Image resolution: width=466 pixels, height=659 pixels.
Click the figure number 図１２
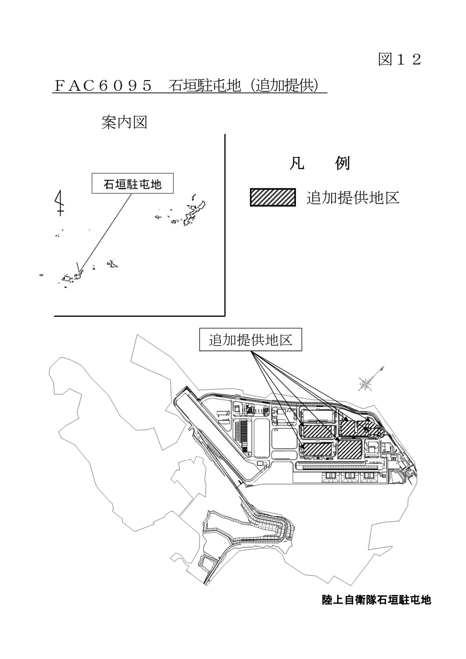click(x=399, y=60)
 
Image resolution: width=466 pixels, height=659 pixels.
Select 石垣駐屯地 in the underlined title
click(x=204, y=85)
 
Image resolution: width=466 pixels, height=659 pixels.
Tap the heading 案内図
click(x=124, y=123)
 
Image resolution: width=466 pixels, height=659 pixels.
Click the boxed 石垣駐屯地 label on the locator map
click(x=132, y=184)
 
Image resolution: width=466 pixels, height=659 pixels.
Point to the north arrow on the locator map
click(x=60, y=202)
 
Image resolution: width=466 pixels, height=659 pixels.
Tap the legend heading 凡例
click(x=319, y=163)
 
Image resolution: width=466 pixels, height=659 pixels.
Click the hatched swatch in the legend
click(x=273, y=197)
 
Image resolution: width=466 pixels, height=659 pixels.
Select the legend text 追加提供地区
click(x=352, y=198)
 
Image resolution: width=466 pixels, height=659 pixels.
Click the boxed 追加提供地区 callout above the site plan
click(x=251, y=339)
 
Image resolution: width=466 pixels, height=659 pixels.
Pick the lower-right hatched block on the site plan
click(x=349, y=449)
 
